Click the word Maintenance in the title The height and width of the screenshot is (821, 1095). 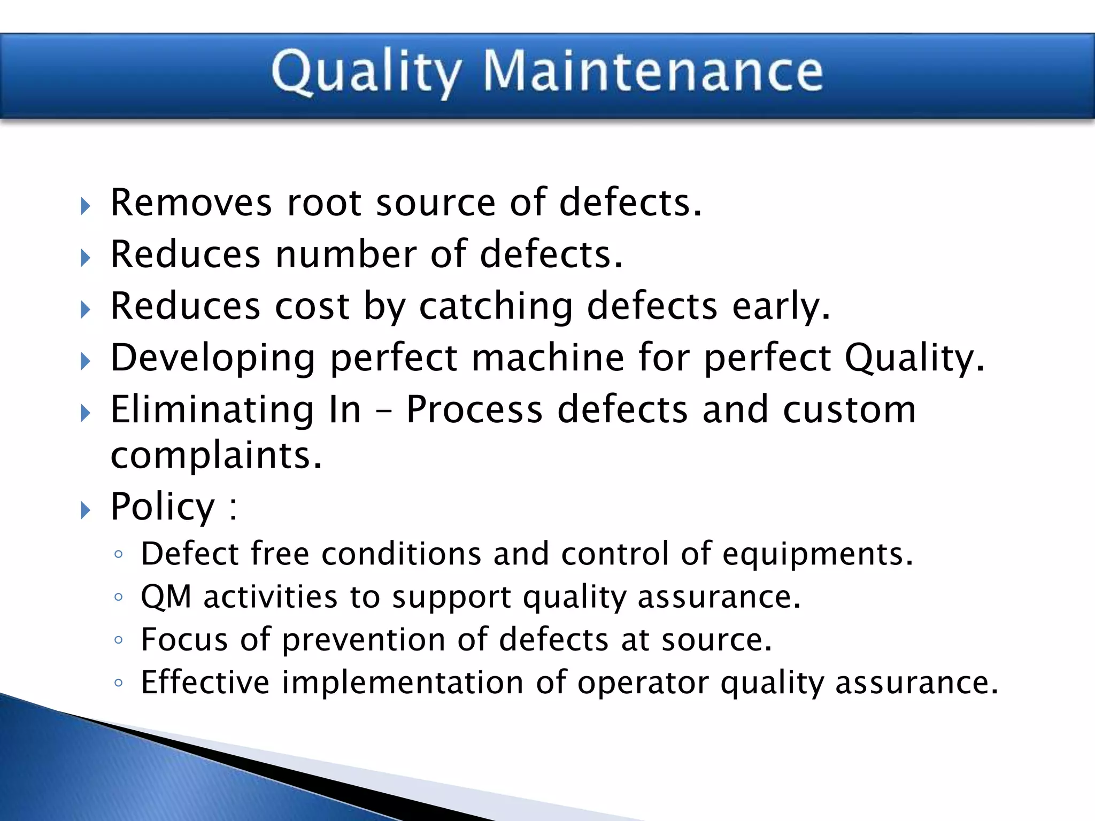(653, 72)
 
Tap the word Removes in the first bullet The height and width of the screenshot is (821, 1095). (191, 203)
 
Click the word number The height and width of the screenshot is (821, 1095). (346, 254)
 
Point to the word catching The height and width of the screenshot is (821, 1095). (496, 307)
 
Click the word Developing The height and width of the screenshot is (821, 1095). (213, 358)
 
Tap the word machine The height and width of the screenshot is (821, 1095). (547, 358)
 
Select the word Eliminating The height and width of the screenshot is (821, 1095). (212, 409)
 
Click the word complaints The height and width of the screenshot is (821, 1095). (216, 456)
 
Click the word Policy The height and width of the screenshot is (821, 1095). (163, 506)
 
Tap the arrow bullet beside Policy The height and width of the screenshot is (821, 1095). (86, 510)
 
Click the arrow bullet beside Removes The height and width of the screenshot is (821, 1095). (86, 206)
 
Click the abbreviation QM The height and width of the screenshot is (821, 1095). (166, 597)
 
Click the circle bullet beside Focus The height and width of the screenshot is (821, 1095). (119, 640)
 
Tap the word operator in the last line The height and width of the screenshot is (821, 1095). (642, 683)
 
